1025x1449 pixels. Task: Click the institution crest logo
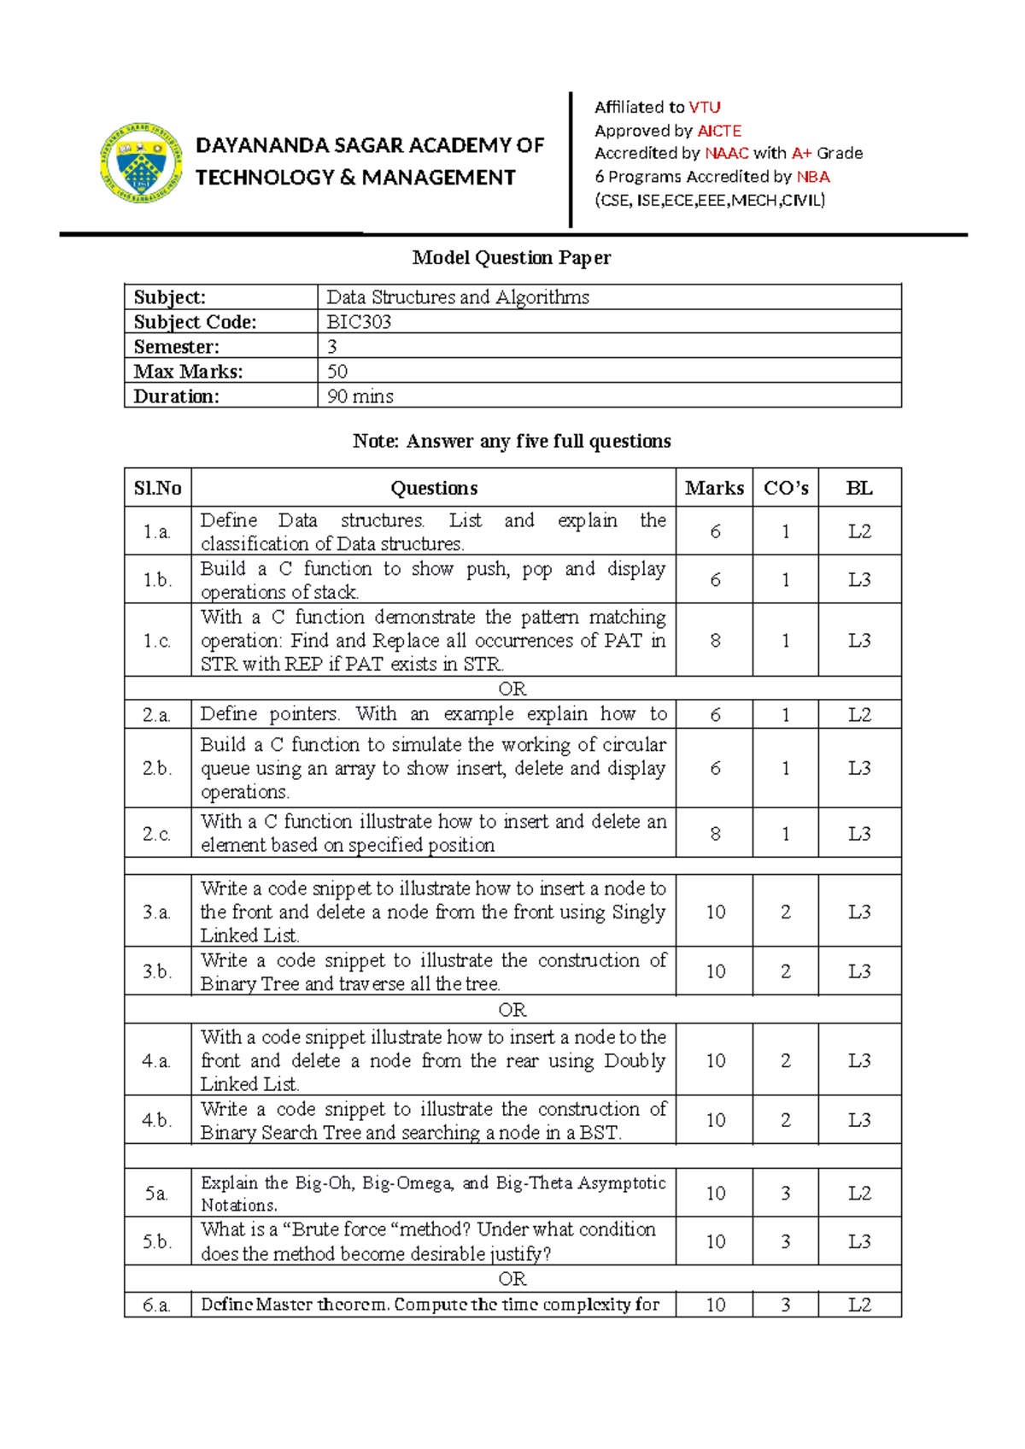coord(142,162)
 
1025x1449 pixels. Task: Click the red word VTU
coord(705,107)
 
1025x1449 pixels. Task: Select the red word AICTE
coord(719,131)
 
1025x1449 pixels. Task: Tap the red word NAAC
coord(727,153)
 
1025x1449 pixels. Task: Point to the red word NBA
coord(813,177)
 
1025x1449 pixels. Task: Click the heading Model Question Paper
coord(511,257)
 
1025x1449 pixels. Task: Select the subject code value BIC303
coord(359,322)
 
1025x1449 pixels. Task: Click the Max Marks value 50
coord(337,372)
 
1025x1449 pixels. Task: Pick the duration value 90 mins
coord(360,396)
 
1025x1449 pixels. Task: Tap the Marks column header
coord(714,488)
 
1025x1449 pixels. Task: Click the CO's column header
coord(786,488)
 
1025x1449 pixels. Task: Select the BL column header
coord(859,488)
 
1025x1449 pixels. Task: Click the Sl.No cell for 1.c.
coord(157,641)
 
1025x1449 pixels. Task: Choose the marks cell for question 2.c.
coord(715,834)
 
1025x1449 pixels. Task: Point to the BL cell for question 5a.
coord(859,1194)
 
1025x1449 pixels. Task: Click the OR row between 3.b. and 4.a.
coord(512,1010)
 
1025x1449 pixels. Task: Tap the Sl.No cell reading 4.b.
coord(157,1120)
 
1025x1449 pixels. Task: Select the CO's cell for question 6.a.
coord(786,1305)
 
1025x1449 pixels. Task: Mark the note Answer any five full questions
coord(511,441)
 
